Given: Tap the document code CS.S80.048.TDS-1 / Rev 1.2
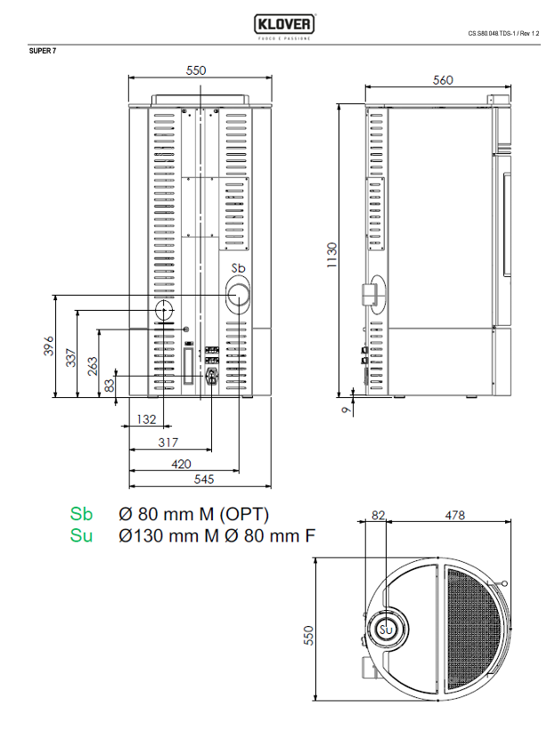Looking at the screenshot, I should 503,34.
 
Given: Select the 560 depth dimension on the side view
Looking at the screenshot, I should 443,80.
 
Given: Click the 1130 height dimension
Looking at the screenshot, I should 331,255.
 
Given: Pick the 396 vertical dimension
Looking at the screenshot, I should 50,346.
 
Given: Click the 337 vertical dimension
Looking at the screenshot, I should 72,358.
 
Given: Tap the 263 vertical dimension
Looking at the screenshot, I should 93,367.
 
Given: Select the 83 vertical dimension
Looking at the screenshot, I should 110,385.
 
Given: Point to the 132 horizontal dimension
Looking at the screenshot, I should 146,419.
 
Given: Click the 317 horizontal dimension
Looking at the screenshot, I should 167,442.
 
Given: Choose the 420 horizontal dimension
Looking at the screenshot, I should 182,463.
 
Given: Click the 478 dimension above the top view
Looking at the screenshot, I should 454,515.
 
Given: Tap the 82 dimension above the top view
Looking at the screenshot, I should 378,515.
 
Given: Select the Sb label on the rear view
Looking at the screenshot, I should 238,269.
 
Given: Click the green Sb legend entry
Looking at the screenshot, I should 81,515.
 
